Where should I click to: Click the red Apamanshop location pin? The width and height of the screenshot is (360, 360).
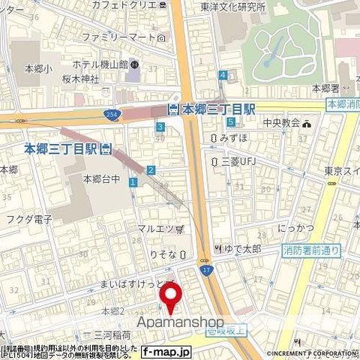pos(172,297)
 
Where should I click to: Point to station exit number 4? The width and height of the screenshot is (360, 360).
pos(223,75)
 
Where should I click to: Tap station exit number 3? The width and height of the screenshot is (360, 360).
pos(160,127)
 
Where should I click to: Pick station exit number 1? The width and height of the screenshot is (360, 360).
pos(133,182)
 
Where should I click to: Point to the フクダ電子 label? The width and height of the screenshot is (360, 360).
pos(32,219)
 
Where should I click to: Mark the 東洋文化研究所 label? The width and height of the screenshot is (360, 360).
pos(232,7)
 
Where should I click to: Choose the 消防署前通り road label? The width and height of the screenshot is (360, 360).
pos(311,250)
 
